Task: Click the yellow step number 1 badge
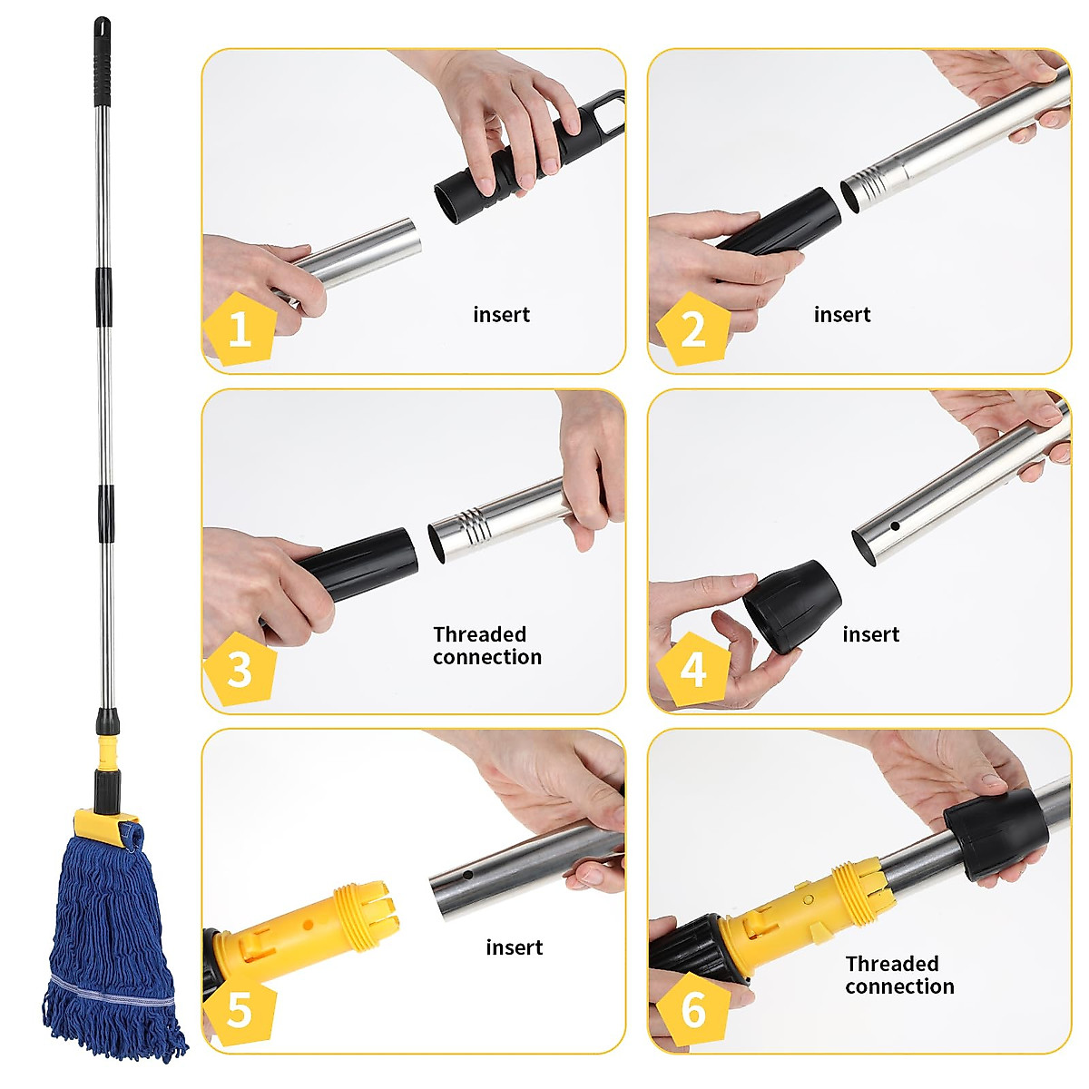pyautogui.click(x=240, y=328)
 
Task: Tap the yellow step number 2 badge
pyautogui.click(x=692, y=328)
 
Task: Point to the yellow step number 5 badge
pyautogui.click(x=240, y=1008)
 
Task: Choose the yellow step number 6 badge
pyautogui.click(x=692, y=1008)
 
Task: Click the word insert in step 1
pyautogui.click(x=501, y=315)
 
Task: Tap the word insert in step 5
pyautogui.click(x=514, y=947)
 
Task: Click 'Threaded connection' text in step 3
pyautogui.click(x=486, y=645)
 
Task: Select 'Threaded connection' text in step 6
pyautogui.click(x=898, y=975)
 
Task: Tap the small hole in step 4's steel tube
pyautogui.click(x=895, y=525)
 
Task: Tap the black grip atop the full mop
pyautogui.click(x=102, y=64)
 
